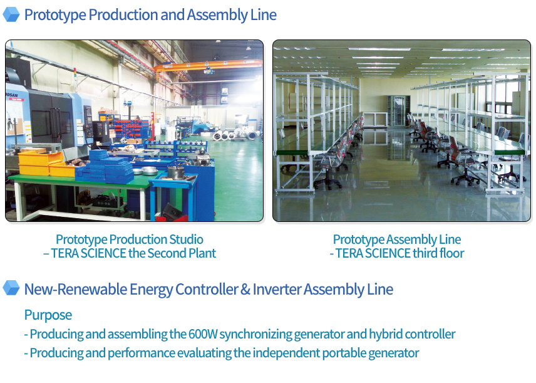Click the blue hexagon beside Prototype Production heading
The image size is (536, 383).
tap(11, 14)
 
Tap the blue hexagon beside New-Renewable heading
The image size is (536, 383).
tap(11, 288)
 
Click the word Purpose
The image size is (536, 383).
tap(48, 315)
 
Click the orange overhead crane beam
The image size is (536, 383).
tap(208, 66)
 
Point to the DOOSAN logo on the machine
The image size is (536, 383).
tap(12, 95)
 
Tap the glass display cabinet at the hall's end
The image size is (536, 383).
tap(398, 110)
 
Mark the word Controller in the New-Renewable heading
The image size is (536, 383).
tap(207, 290)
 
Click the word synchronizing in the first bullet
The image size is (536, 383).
tap(255, 334)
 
